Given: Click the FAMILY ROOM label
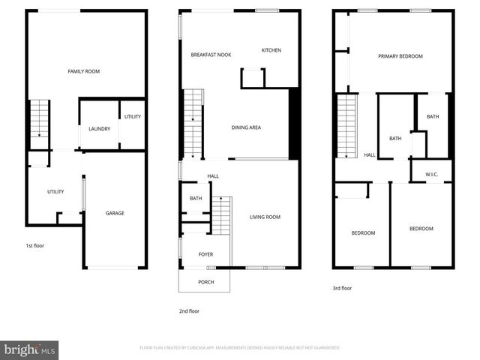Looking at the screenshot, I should coord(83,71).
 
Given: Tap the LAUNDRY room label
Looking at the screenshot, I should coord(99,129).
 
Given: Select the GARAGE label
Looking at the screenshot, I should coord(115,213).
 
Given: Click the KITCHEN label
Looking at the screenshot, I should coord(271,50).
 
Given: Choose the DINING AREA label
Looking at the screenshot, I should coord(245,127).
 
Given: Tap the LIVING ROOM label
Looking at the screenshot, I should coord(265,217).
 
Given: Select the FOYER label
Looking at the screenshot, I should coord(205,254).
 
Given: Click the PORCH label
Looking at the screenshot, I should coord(205,282).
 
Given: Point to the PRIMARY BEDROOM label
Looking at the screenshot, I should coord(400,56).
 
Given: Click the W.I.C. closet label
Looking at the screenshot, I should coord(431,175).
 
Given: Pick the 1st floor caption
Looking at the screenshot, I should coord(35,245).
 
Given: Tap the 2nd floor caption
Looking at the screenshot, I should coord(189,310).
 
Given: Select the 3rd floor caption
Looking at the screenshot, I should coord(342,288).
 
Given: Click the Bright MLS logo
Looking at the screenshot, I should coord(30,349).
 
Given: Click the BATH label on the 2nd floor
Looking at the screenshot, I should coord(196,198).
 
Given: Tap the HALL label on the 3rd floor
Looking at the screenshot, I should coord(370,155).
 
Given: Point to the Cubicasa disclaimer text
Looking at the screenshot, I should coord(240,348).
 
